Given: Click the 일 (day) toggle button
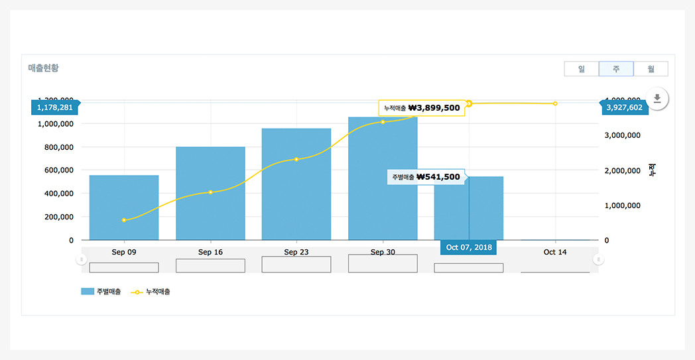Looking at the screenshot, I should [x=582, y=69].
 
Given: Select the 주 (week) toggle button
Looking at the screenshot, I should [x=616, y=69].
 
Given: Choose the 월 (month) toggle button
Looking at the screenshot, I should [x=651, y=69].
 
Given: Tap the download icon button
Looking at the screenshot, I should [x=657, y=99].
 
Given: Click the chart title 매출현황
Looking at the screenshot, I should [x=43, y=68].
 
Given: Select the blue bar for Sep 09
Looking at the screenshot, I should [x=124, y=208].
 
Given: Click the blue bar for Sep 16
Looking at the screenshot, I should [x=210, y=193].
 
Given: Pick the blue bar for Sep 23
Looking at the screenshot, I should [x=296, y=184].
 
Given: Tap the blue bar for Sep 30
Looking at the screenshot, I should [x=383, y=178].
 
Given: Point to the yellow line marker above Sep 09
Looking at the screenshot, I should [x=124, y=220].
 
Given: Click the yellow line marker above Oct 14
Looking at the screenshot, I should [x=555, y=103].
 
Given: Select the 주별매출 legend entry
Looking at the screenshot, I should [x=101, y=292].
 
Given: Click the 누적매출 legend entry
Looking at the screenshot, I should [x=151, y=292].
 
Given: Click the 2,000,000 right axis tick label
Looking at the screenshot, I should [x=622, y=171].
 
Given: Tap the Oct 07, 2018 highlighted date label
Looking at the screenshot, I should [x=469, y=247].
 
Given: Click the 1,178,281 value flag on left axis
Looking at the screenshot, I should [x=55, y=107].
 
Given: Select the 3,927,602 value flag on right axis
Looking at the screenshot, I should [x=624, y=107].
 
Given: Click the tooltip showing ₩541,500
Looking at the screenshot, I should [x=426, y=177].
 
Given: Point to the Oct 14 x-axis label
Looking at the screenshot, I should [x=555, y=252].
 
